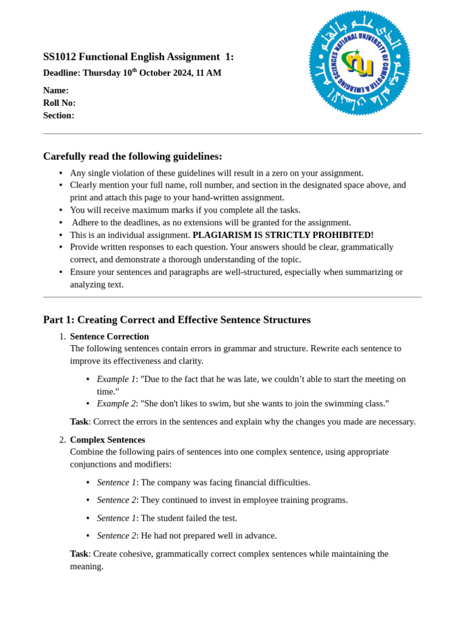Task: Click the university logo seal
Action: pos(360,62)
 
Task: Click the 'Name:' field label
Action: pos(56,90)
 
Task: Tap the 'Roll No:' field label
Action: pos(59,103)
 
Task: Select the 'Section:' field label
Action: pos(59,115)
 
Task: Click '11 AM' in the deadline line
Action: pos(209,73)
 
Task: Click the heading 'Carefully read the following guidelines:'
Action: pos(133,156)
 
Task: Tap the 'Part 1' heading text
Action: pos(58,320)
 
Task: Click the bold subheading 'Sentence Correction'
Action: pos(109,337)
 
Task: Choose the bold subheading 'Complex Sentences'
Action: pos(107,440)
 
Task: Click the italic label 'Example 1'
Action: pos(116,379)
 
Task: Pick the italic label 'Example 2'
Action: pos(116,403)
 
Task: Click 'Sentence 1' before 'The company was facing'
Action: pos(116,483)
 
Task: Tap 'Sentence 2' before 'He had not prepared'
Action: pos(116,535)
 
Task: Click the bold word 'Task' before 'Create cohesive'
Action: pos(79,553)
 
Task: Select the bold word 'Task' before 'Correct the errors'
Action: pos(79,421)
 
